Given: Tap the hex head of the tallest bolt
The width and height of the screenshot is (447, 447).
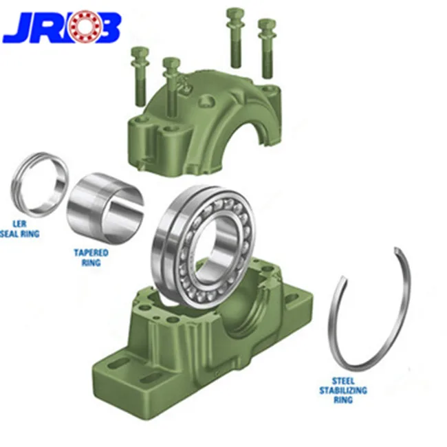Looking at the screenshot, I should (235, 14).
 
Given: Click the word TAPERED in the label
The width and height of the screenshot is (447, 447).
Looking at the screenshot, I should (91, 252).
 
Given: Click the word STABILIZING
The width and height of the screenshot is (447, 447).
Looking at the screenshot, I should (342, 391).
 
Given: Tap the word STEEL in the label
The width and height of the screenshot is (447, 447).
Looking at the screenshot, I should (342, 381).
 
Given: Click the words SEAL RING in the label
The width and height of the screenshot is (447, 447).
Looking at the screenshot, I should (20, 234).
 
